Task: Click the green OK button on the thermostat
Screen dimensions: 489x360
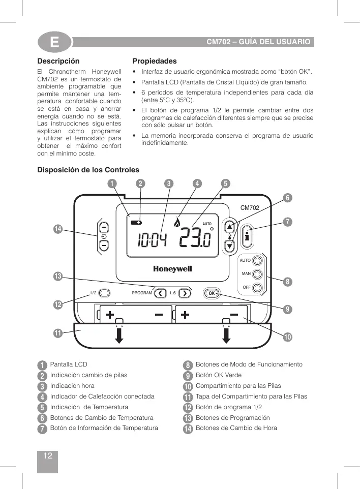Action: point(212,293)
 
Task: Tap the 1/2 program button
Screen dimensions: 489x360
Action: point(105,293)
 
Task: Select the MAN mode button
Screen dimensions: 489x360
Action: point(257,274)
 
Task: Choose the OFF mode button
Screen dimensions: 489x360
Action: point(257,288)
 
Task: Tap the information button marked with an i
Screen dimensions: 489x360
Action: point(248,236)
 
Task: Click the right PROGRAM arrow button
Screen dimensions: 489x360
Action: point(185,293)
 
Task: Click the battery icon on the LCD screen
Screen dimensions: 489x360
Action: point(136,223)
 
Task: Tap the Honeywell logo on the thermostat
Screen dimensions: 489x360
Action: point(172,268)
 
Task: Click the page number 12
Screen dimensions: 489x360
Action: point(48,455)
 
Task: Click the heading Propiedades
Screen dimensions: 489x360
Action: point(155,61)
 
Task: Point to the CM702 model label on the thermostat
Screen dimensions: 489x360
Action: point(250,207)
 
